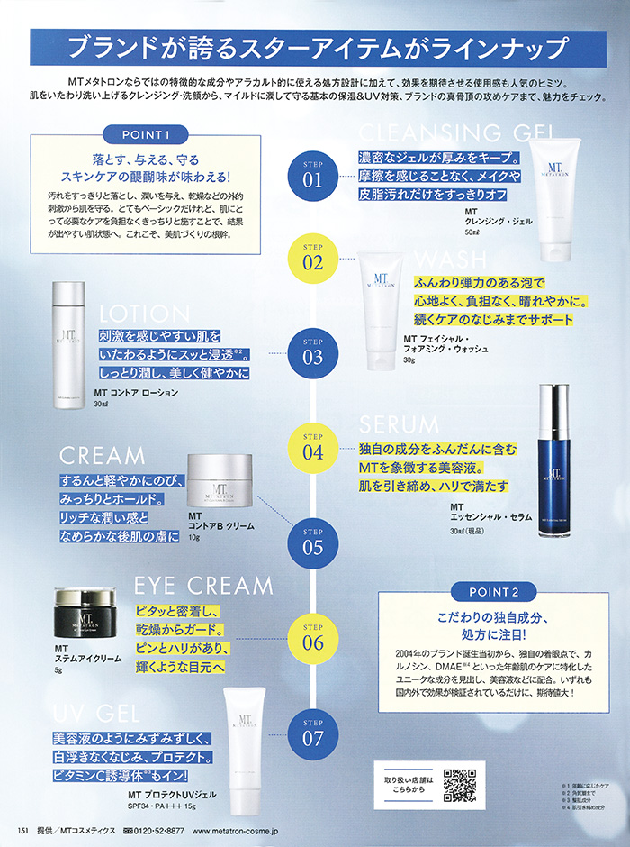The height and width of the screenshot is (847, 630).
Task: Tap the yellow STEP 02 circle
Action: (x=312, y=259)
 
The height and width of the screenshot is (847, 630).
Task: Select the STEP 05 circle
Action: (x=312, y=541)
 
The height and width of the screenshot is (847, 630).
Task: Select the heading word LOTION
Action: (x=147, y=314)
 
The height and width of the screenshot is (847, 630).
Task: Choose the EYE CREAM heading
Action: (x=202, y=586)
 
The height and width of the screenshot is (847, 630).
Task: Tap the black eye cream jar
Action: (x=85, y=613)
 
